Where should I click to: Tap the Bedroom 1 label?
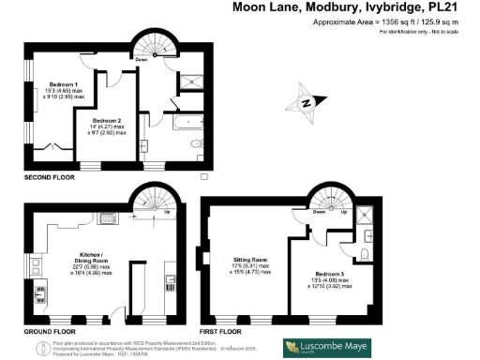63,89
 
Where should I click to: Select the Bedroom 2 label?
108,122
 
